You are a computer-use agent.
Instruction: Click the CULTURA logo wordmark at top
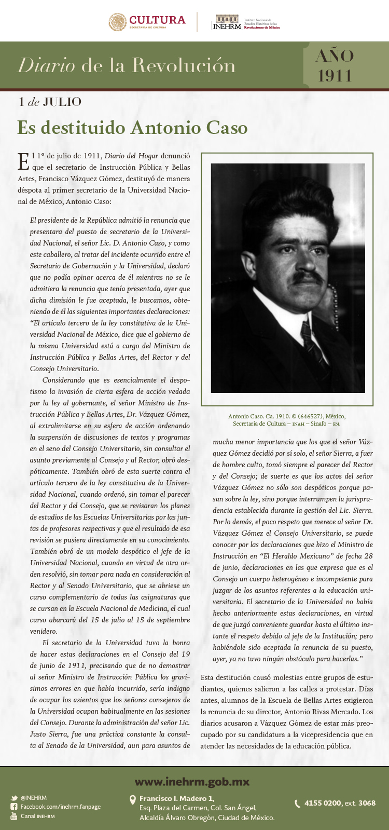pos(157,20)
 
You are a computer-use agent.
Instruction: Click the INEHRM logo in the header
pos(227,23)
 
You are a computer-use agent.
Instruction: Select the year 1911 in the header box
pos(335,76)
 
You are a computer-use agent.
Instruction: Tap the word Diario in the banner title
pos(46,65)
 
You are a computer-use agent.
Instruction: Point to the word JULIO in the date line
pos(62,102)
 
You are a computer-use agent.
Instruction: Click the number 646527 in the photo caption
pos(311,416)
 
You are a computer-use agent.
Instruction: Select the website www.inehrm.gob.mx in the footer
pos(192,782)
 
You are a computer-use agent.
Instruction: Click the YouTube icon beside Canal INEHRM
pos(14,816)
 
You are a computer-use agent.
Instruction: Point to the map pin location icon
pos(132,800)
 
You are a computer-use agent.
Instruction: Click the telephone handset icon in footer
pos(297,804)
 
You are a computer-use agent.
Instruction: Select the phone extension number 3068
pos(367,803)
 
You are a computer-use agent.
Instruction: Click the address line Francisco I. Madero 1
pos(176,798)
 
